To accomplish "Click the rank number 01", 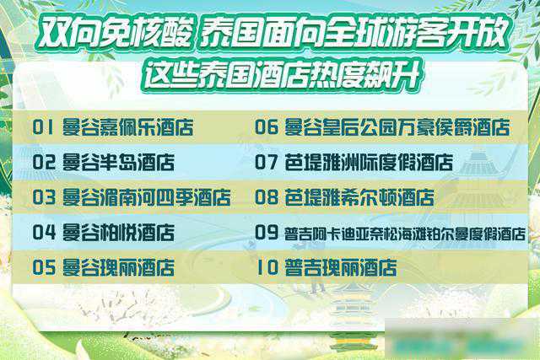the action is point(43,127).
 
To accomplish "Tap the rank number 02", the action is point(44,162).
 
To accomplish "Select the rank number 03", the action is point(44,197).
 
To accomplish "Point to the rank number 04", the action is point(44,233).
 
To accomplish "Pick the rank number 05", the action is point(44,267).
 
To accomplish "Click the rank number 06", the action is point(267,127).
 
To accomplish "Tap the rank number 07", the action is point(267,162).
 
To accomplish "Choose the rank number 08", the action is point(267,197).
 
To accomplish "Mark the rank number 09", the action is point(267,233).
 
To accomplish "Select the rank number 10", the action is point(267,267).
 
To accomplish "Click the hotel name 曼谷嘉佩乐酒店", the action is point(127,127).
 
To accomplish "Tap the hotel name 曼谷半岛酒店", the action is point(118,163).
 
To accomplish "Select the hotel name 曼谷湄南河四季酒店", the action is point(146,197).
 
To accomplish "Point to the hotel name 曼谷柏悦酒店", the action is point(118,233).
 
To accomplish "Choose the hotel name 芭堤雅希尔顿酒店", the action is point(359,197).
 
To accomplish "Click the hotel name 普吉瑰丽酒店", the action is point(341,268).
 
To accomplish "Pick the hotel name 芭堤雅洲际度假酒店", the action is point(369,163).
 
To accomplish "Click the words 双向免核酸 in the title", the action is point(115,33).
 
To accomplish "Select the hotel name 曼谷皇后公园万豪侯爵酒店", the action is point(397,127).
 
